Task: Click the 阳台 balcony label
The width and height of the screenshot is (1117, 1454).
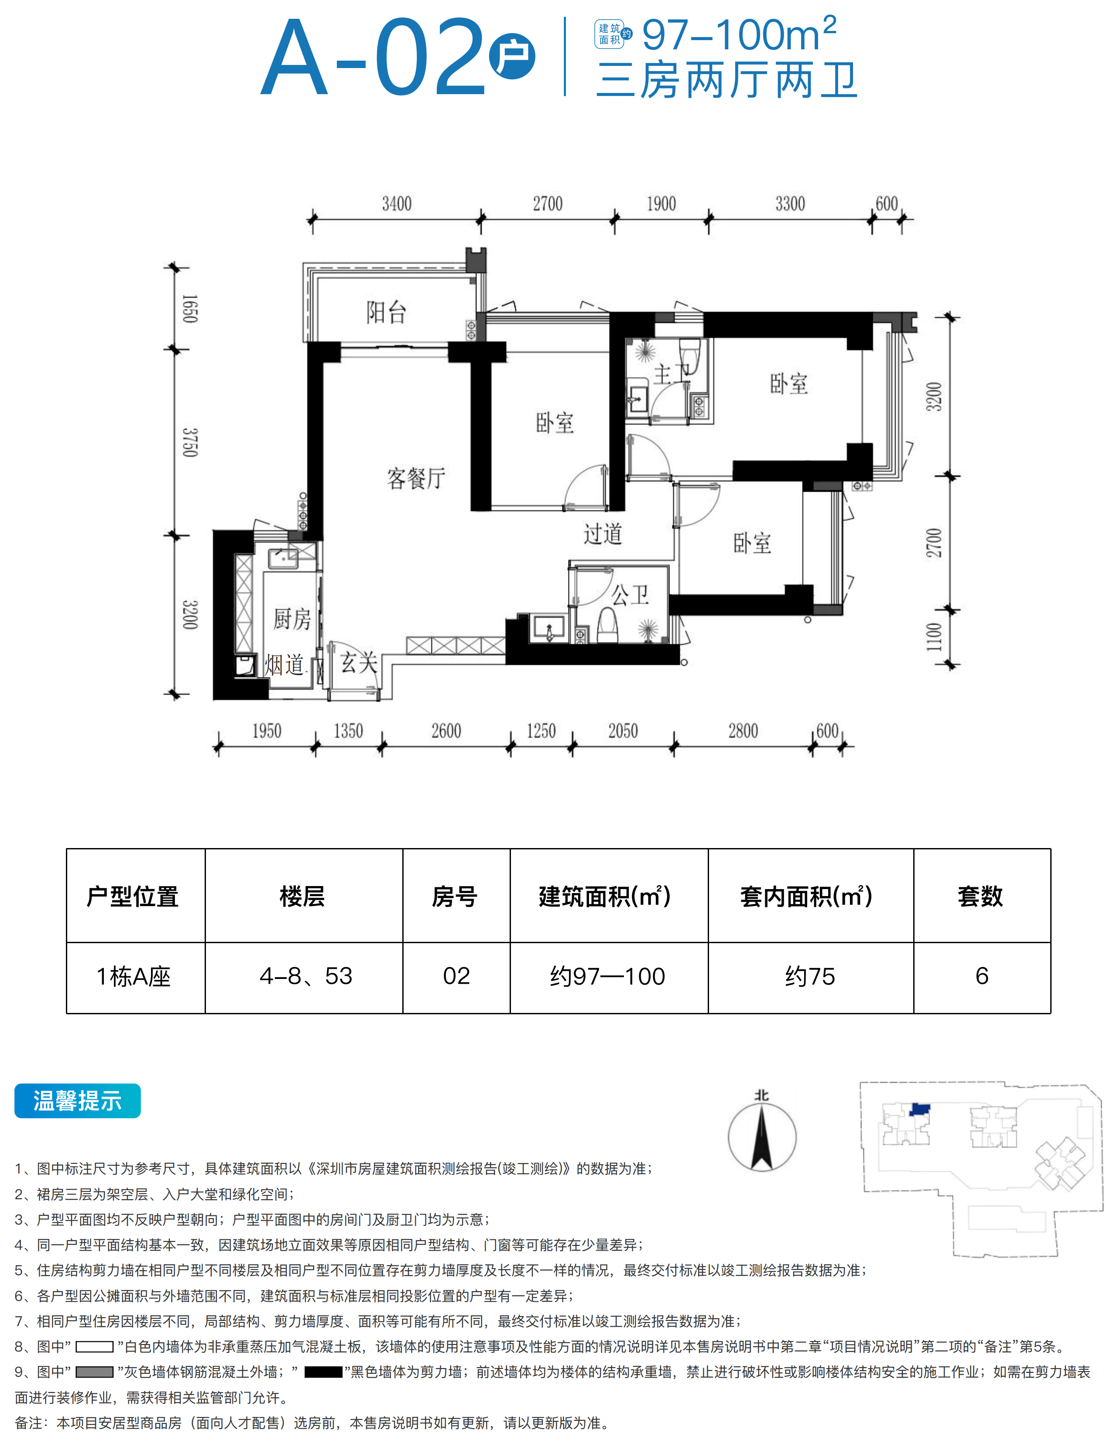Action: click(x=386, y=312)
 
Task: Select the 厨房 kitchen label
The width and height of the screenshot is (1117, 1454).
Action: click(x=292, y=619)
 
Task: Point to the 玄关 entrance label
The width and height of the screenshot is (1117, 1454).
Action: click(x=359, y=662)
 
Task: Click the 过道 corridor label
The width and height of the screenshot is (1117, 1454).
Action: click(x=603, y=533)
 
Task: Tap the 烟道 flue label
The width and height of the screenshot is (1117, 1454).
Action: click(x=284, y=664)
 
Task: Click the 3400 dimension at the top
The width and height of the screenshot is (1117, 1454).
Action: click(x=397, y=203)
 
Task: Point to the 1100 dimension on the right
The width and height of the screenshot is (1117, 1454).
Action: click(x=934, y=637)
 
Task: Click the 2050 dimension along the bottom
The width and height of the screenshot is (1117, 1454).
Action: click(x=623, y=731)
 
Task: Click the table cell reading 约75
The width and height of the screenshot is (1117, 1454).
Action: click(x=810, y=976)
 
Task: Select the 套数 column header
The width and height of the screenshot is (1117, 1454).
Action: click(x=980, y=896)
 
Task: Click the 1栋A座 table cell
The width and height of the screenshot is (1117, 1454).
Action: click(x=134, y=976)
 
